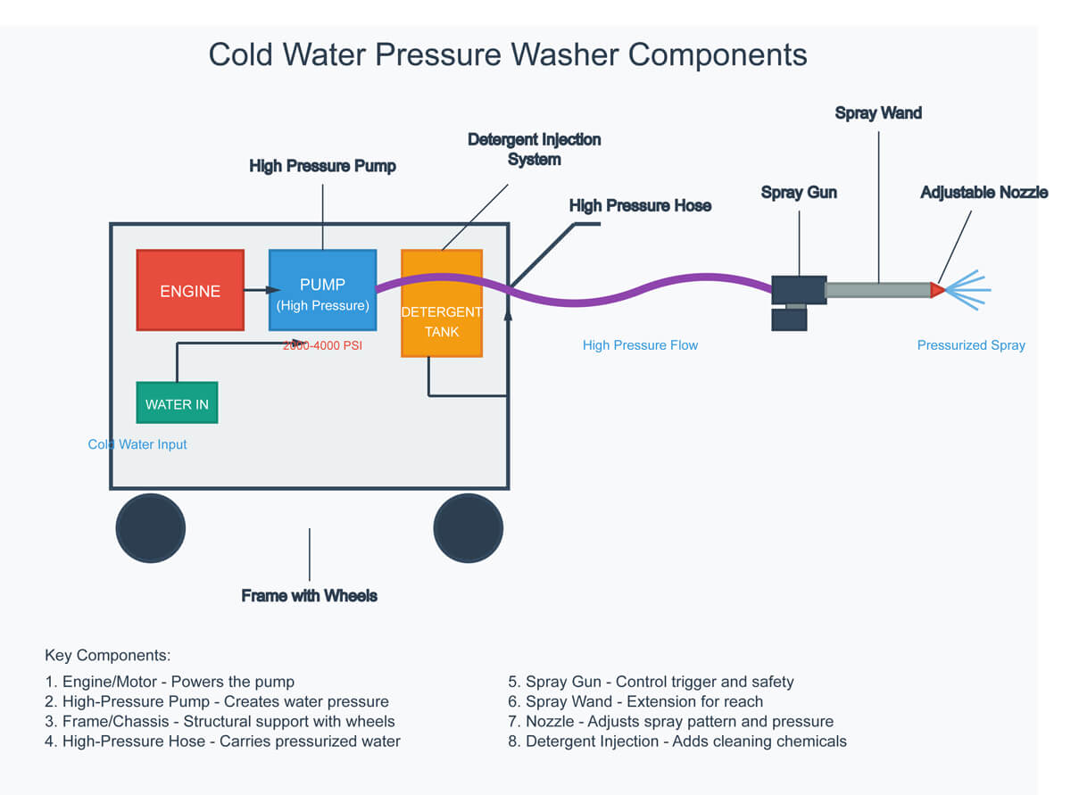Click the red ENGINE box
coord(190,290)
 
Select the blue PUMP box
coord(322,290)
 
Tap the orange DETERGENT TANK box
coord(442,303)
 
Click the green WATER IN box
coord(177,402)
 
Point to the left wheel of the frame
coord(151,528)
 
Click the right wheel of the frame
coord(469,528)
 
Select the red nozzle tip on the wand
coord(937,290)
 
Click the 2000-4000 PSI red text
coord(321,345)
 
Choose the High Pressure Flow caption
coord(640,345)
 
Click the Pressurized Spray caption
coord(971,345)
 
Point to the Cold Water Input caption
coord(137,444)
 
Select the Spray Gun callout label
coord(799,193)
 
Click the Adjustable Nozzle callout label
coord(984,193)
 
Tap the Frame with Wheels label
coord(310,595)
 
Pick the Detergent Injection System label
coord(535,149)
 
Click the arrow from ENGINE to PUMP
coord(262,290)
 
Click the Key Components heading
coord(107,655)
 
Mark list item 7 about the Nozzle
coord(670,721)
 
